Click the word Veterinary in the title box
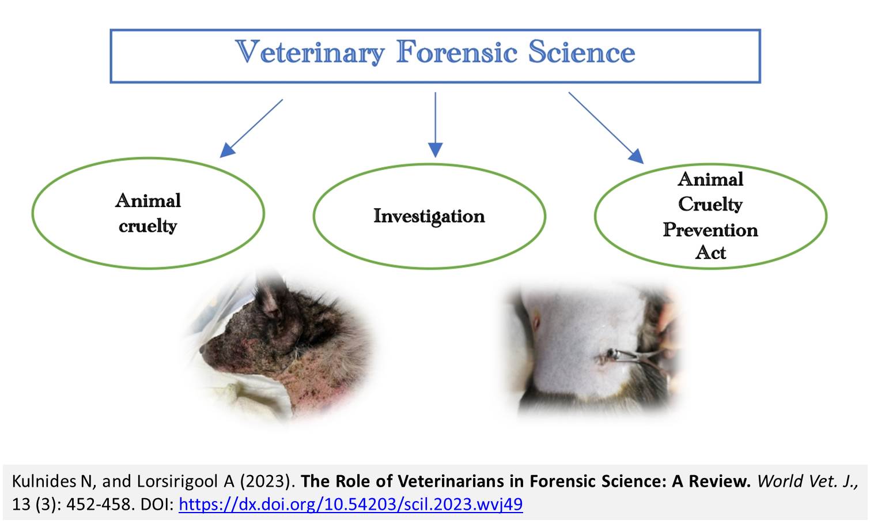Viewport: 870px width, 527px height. (310, 52)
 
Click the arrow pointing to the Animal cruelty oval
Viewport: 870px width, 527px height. (251, 128)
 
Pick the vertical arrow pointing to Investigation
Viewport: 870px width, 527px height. (436, 125)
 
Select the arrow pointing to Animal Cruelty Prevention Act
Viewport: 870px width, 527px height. (606, 128)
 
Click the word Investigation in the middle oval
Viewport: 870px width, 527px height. (429, 216)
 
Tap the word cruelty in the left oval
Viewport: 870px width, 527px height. (148, 227)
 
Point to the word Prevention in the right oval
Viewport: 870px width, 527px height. (710, 229)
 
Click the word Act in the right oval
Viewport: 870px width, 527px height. (710, 253)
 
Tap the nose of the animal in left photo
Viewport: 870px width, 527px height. (203, 349)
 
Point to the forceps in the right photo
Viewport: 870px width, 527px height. (637, 356)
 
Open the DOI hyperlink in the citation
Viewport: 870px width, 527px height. (351, 505)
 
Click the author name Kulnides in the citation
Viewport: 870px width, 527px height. (44, 481)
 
